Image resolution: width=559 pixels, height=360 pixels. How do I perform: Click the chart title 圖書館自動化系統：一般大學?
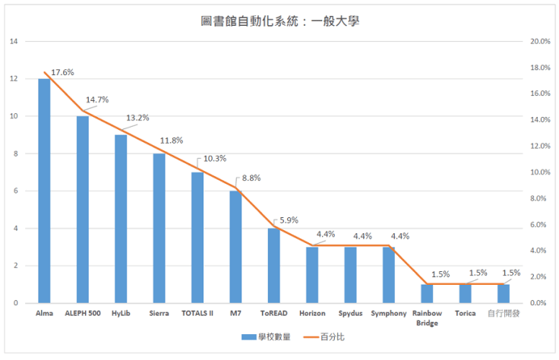279,21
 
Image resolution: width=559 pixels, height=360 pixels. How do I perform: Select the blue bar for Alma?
44,190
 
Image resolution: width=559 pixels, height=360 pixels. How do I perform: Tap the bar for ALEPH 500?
82,209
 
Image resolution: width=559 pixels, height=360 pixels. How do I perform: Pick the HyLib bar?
121,219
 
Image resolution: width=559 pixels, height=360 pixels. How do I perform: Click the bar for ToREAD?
273,265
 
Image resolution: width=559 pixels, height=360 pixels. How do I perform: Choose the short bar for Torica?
465,293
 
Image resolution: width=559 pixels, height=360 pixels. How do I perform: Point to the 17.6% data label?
62,72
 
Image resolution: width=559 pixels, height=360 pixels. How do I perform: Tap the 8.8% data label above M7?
251,178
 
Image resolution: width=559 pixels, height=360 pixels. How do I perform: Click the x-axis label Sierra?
159,313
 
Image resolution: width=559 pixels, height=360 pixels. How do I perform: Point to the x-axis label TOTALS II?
197,313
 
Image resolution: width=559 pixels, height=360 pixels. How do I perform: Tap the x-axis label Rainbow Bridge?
427,317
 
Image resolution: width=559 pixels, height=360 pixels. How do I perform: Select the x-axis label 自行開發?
504,313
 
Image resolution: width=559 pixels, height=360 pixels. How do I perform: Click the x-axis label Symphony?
388,313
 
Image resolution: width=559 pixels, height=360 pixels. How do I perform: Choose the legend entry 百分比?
322,336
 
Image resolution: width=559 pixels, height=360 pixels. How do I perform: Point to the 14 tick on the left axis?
14,41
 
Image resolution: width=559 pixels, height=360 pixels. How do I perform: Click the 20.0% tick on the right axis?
539,41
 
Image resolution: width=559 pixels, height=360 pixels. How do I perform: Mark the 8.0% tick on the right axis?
539,198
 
